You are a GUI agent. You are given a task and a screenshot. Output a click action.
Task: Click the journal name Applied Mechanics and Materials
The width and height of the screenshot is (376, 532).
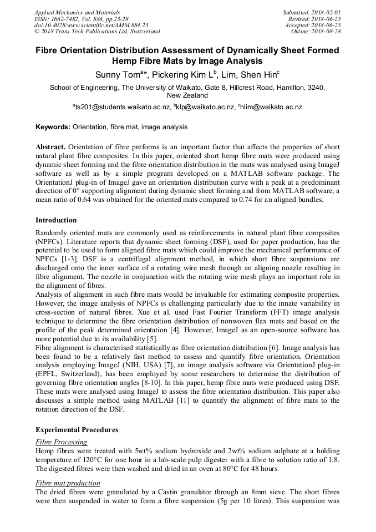coord(77,12)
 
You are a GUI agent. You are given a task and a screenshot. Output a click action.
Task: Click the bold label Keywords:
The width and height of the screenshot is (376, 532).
coord(53,127)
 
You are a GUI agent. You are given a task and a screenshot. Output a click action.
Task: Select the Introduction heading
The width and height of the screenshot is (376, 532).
coord(56,220)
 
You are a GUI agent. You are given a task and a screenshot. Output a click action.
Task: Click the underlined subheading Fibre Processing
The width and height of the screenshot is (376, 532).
coord(61,442)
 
